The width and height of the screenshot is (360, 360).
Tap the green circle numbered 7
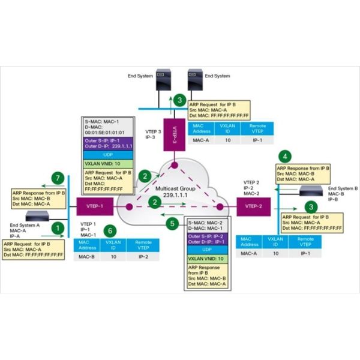coord(56,179)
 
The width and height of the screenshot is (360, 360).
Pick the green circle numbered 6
coord(109,229)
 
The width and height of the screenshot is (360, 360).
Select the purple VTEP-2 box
coord(248,207)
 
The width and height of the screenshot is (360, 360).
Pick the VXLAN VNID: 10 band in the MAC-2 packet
coord(206,257)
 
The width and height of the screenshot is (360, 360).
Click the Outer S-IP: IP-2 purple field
coord(206,236)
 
